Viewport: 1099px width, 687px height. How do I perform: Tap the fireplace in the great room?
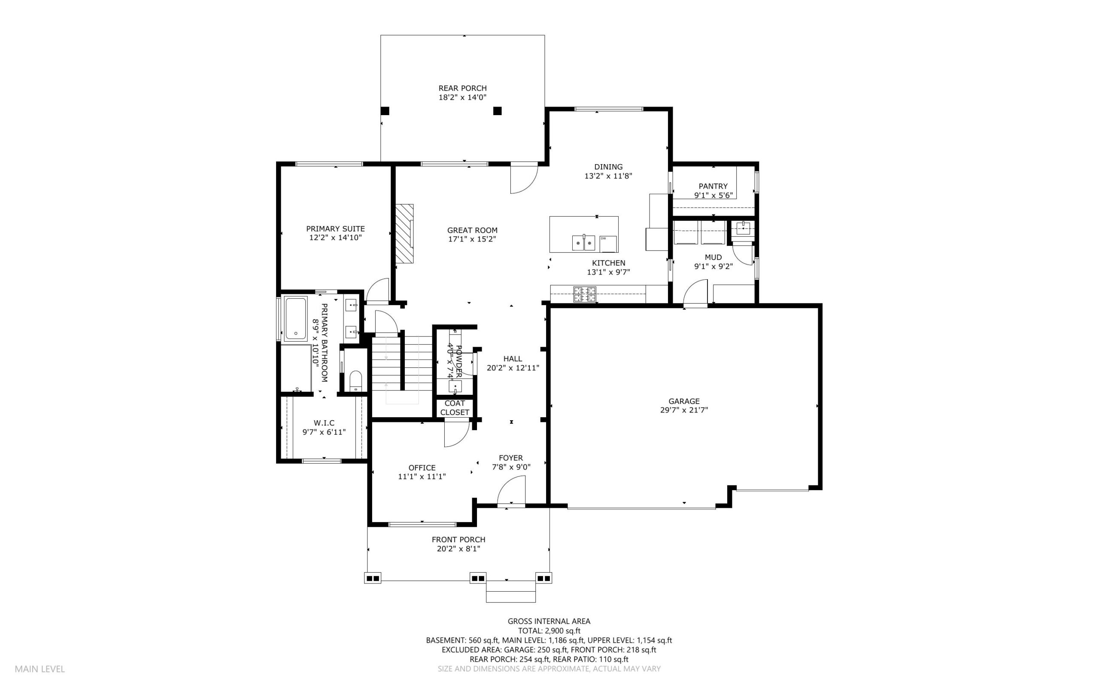click(x=404, y=234)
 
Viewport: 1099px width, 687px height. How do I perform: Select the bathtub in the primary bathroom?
click(x=295, y=318)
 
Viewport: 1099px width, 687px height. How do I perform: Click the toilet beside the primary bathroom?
click(x=356, y=381)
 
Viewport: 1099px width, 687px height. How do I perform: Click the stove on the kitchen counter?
click(x=584, y=294)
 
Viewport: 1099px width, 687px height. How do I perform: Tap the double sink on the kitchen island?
click(x=583, y=243)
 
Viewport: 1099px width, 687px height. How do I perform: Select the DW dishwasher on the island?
click(x=608, y=244)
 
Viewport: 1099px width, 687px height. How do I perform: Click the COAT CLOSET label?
click(x=454, y=408)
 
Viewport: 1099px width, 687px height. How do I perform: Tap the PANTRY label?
click(x=713, y=186)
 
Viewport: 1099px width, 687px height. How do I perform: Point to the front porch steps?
click(x=511, y=592)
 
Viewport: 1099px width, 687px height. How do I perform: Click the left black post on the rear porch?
click(x=385, y=110)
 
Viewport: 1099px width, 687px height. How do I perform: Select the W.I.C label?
click(x=324, y=423)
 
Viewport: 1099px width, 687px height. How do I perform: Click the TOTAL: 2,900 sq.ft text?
click(x=549, y=631)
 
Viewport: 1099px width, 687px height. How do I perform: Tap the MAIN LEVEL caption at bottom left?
click(x=40, y=669)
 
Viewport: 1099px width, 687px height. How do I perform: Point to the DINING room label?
click(x=608, y=167)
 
